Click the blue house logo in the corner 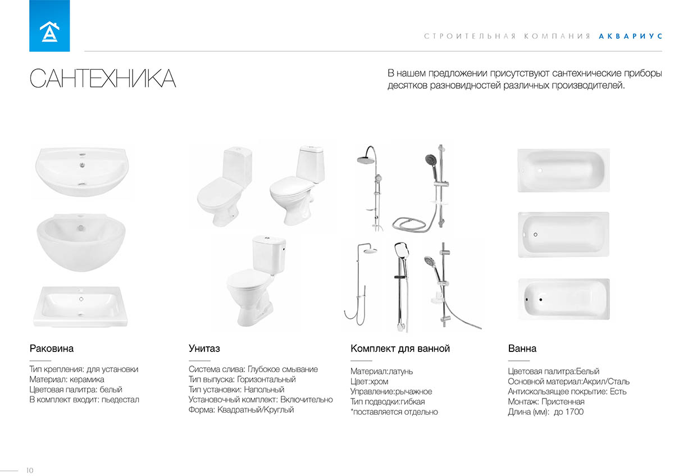coord(49,26)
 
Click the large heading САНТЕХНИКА coord(103,79)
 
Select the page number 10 coord(29,470)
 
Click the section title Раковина coord(52,349)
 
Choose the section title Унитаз coord(204,349)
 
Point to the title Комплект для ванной coord(400,349)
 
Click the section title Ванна coord(522,349)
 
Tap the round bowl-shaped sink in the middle coord(81,241)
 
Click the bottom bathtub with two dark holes coord(563,299)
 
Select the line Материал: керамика coord(66,379)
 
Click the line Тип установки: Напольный coord(236,390)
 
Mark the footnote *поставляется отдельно coord(394,412)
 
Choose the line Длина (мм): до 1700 coord(545,412)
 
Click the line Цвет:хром coord(369,382)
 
